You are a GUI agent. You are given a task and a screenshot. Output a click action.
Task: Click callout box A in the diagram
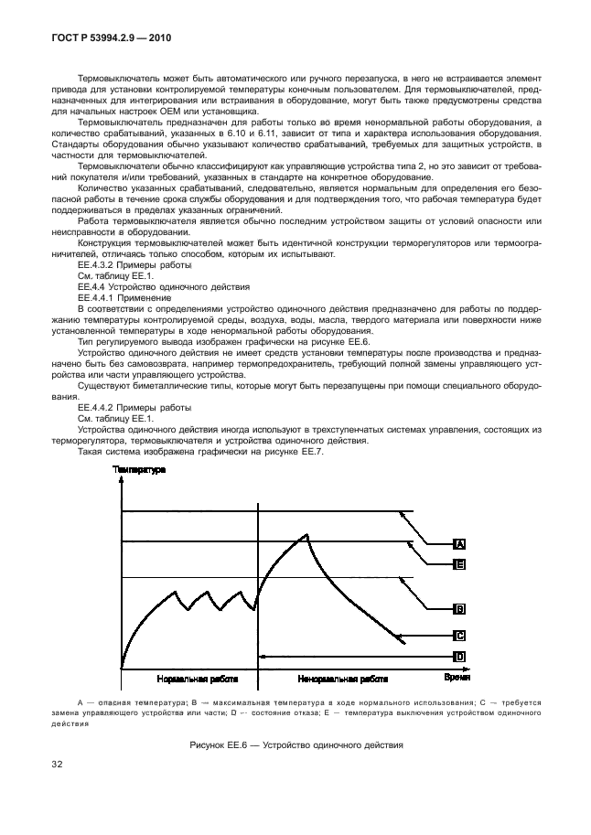pyautogui.click(x=461, y=543)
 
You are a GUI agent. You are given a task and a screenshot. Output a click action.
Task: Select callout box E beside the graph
pyautogui.click(x=461, y=565)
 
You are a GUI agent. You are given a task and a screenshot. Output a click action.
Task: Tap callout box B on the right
pyautogui.click(x=461, y=607)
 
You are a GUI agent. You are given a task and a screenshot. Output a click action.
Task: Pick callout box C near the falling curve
pyautogui.click(x=461, y=635)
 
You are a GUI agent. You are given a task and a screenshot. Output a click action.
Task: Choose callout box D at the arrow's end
pyautogui.click(x=461, y=656)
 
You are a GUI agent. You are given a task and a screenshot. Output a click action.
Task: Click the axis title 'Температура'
pyautogui.click(x=139, y=470)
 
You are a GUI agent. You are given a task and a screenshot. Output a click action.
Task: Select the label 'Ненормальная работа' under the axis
pyautogui.click(x=343, y=680)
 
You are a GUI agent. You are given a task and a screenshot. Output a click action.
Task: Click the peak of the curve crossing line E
pyautogui.click(x=308, y=535)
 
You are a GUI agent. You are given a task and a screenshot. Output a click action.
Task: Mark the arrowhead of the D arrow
pyautogui.click(x=263, y=656)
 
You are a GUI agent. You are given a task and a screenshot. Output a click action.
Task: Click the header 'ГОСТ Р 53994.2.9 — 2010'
pyautogui.click(x=105, y=39)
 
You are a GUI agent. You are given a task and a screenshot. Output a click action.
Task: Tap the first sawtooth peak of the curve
pyautogui.click(x=174, y=593)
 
